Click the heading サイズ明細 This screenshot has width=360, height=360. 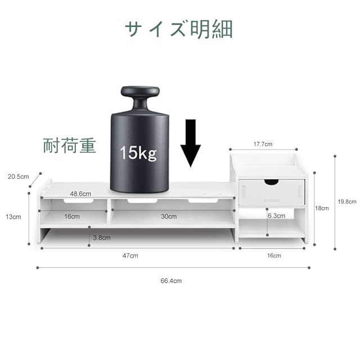(179, 29)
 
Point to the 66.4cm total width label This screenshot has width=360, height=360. (171, 280)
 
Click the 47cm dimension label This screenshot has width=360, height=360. (130, 255)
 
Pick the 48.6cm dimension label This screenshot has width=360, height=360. (81, 193)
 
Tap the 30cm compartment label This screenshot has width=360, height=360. (168, 217)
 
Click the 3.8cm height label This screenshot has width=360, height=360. (101, 237)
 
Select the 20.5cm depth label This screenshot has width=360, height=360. (18, 176)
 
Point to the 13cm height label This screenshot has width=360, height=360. (13, 217)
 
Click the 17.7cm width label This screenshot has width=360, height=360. (263, 145)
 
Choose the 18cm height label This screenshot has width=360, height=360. (321, 208)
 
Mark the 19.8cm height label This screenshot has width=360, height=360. (348, 201)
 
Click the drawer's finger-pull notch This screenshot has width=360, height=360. (272, 182)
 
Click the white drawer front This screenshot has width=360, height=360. (272, 192)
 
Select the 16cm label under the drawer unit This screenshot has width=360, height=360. (274, 255)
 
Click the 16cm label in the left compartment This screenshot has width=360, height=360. (71, 217)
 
